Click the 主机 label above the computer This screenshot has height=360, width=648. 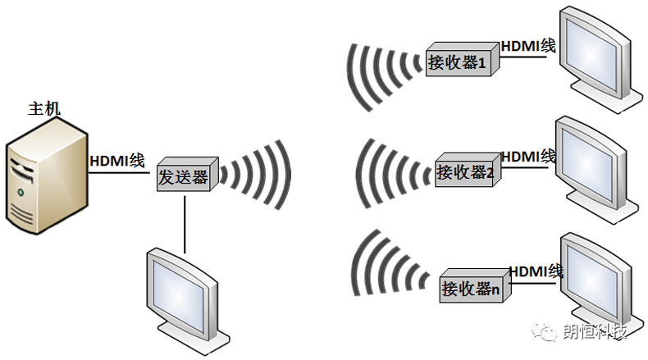pos(44,109)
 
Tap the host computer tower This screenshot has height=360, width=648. pos(47,176)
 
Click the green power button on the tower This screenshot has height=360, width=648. pos(21,192)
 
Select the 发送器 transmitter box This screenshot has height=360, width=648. pos(188,174)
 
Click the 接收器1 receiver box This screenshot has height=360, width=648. pos(463,59)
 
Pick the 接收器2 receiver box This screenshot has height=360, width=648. pos(468,170)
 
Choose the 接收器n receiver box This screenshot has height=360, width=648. pos(475,285)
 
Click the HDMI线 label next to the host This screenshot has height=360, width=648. pos(117,161)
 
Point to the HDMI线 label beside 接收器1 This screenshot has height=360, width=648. pos(528,46)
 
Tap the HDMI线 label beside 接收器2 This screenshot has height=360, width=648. pos(528,157)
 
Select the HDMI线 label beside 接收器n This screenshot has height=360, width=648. pos(536,271)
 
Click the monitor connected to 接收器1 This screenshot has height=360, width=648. pos(601,60)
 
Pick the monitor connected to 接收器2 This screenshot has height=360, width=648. pos(597,170)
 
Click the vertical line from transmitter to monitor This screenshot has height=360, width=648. pos(185,225)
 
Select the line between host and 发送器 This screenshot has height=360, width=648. pos(119,172)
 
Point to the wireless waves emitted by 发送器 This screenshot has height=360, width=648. pos(255,175)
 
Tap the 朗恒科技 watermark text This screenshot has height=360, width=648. pos(595,331)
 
